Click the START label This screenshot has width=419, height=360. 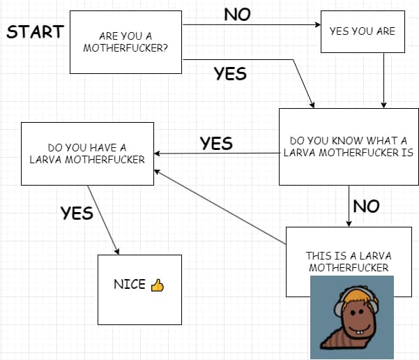[x=35, y=32]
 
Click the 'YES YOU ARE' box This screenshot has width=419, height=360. [x=362, y=31]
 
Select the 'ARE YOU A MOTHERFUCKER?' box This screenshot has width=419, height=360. [x=125, y=42]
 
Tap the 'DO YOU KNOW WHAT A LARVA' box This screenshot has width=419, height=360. [x=349, y=147]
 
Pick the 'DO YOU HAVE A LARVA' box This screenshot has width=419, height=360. [x=87, y=153]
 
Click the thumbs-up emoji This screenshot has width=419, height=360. [x=157, y=285]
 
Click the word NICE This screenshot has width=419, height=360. [x=130, y=285]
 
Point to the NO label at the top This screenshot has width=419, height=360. [x=237, y=15]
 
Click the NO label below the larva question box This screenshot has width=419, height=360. [x=366, y=207]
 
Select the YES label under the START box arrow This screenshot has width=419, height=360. [x=230, y=73]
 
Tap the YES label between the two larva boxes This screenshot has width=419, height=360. [x=216, y=144]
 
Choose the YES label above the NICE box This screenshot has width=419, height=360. [x=77, y=213]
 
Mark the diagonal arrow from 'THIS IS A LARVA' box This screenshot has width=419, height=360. [x=220, y=207]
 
